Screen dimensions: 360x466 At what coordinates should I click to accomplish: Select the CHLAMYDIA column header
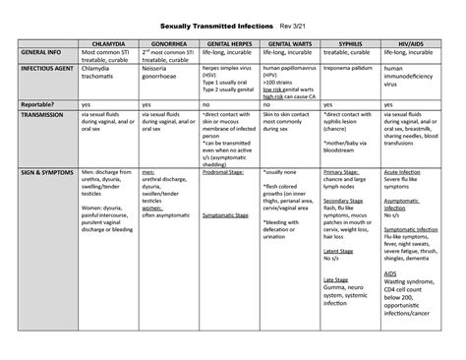[108, 43]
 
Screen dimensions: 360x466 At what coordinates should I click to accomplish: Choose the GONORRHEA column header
[169, 43]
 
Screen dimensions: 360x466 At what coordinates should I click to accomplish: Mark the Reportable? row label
[40, 102]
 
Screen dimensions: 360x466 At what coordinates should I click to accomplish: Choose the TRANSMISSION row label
[44, 114]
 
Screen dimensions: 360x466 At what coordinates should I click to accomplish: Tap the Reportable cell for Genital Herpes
[207, 102]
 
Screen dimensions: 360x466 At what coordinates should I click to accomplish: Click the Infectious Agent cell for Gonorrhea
[163, 72]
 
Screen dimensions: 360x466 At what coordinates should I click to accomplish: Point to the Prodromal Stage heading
[223, 171]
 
